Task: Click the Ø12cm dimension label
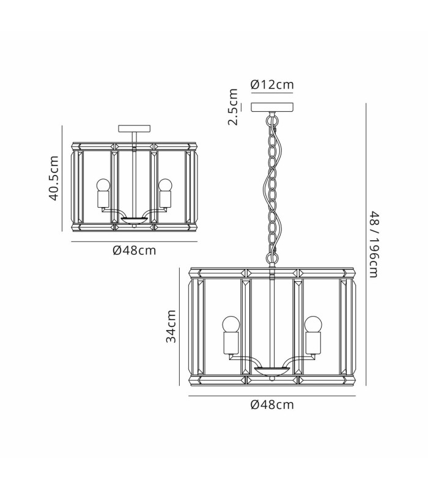coord(272,84)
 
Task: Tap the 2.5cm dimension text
coord(233,107)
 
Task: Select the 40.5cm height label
coord(53,178)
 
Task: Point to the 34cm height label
coord(171,326)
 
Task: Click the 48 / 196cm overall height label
coord(374,244)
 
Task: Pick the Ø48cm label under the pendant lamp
coord(272,405)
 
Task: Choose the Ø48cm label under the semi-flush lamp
coord(134,251)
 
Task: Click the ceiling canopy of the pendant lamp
coord(272,108)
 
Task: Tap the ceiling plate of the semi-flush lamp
coord(134,128)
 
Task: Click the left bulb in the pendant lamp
coord(231,325)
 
